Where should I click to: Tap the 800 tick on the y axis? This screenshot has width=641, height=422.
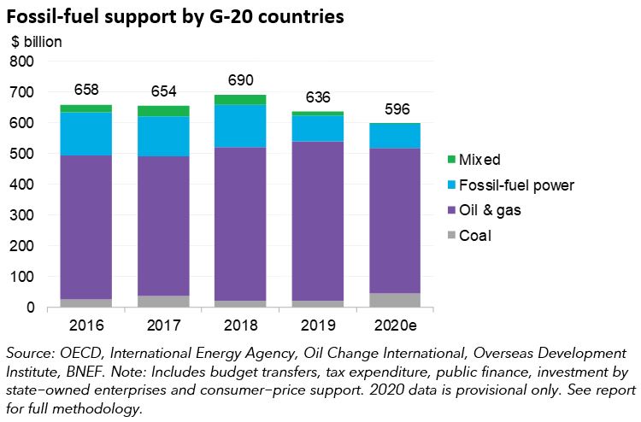[22, 62]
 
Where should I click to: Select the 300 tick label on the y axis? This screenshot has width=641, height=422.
[22, 215]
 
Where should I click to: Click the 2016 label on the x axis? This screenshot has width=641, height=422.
[86, 325]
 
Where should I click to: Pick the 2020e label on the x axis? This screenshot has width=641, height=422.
[396, 325]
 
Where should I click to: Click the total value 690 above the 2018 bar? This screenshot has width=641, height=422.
[241, 82]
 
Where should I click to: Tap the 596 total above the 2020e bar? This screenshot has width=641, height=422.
[396, 110]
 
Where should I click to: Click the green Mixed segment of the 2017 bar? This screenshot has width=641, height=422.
[163, 111]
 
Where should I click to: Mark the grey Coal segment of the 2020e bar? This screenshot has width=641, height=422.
[396, 300]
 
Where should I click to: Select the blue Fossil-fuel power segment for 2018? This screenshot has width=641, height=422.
[241, 126]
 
